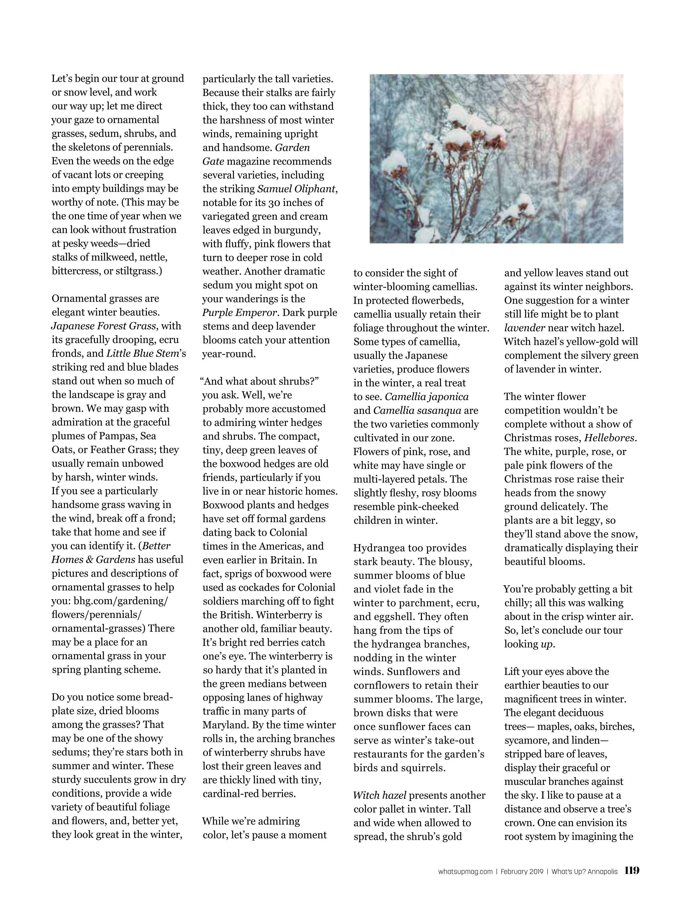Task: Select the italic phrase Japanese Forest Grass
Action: click(103, 326)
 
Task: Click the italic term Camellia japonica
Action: click(427, 397)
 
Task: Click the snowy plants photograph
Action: click(496, 159)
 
